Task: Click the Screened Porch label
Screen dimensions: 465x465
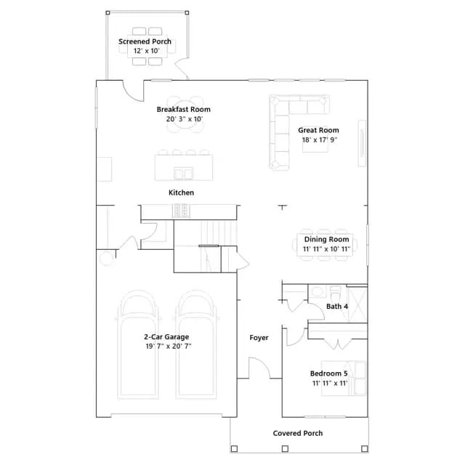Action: pos(145,41)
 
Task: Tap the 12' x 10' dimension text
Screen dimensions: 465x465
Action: pos(147,51)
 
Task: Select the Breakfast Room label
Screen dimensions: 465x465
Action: pos(184,110)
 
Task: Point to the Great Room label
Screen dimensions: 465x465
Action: pos(318,130)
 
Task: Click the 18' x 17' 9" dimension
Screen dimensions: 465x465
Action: pos(320,139)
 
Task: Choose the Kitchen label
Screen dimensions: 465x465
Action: pos(181,193)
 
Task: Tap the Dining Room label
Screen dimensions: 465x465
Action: pos(326,239)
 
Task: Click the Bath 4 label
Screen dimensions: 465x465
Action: pos(337,307)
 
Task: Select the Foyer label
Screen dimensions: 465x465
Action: pos(259,338)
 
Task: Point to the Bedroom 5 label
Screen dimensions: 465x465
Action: pos(329,373)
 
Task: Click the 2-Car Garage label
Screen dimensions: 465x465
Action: pos(166,337)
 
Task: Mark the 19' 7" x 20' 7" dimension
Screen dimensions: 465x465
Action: pos(169,346)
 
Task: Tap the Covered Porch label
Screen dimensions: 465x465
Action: pos(298,433)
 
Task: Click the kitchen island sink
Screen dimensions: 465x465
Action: pos(184,174)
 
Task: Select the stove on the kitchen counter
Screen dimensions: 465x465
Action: pos(181,211)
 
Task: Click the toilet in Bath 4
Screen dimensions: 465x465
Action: pos(336,293)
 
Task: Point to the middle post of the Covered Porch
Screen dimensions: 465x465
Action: pos(285,449)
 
